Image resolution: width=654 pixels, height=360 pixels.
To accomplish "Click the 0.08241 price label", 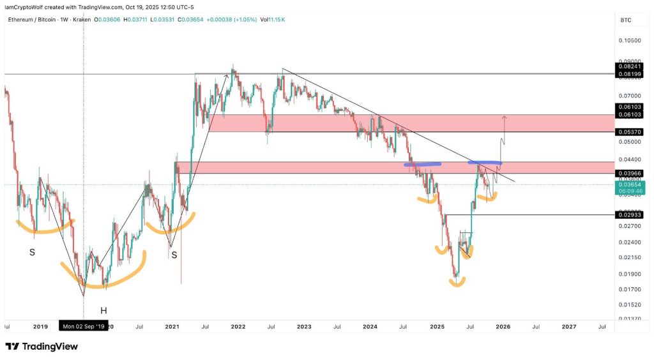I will (629, 66).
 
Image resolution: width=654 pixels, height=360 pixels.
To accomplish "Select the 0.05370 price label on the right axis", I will (629, 131).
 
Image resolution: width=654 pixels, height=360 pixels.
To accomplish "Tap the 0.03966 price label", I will (629, 173).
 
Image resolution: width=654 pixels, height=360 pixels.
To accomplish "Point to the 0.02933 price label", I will (629, 215).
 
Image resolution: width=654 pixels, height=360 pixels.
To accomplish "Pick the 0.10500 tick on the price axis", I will (629, 41).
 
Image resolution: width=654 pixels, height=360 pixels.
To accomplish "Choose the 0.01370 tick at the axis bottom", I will (629, 318).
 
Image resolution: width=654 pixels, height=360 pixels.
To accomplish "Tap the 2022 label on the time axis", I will (238, 326).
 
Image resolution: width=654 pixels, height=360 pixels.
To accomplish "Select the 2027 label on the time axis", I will (568, 326).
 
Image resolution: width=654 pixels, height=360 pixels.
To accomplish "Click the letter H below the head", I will (103, 311).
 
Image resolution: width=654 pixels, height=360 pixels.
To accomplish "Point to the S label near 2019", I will (32, 253).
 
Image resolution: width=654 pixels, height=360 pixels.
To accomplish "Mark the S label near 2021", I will (174, 255).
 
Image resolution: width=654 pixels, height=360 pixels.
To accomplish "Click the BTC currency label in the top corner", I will (625, 20).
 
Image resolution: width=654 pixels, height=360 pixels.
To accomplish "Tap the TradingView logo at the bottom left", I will (42, 347).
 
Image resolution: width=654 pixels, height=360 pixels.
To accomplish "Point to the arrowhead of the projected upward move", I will (505, 117).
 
